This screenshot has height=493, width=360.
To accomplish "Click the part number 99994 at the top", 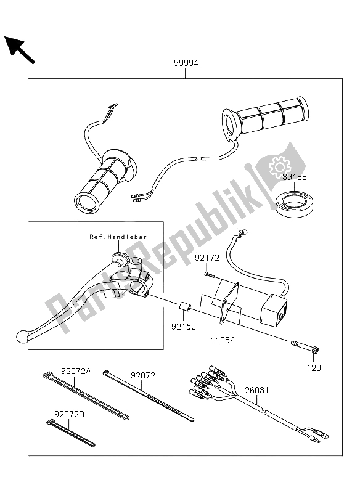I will pos(185,63).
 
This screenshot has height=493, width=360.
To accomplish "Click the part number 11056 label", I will pos(223,339).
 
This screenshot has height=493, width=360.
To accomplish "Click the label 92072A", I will pos(75,371).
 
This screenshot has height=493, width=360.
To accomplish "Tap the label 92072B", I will pos(70,414).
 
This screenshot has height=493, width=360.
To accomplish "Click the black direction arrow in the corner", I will pos(20,49).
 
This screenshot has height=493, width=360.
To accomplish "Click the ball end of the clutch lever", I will pos(23,336).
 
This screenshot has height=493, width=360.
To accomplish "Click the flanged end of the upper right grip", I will pos(230,123).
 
